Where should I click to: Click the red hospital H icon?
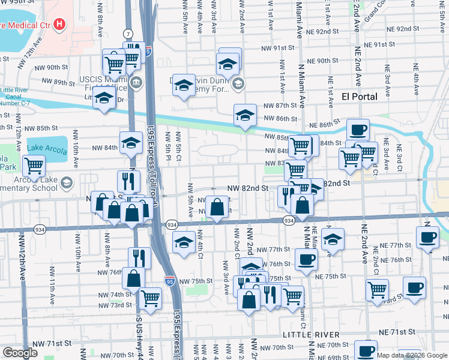[x=59, y=25]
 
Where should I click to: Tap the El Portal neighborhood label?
[x=359, y=96]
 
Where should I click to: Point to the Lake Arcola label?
[x=47, y=148]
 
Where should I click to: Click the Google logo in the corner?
[x=19, y=352]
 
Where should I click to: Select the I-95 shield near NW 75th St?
[x=170, y=280]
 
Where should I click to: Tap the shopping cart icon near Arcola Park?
[x=34, y=165]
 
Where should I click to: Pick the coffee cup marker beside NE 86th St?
[x=358, y=130]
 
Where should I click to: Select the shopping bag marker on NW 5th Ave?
[x=217, y=208]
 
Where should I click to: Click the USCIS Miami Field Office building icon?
[x=136, y=82]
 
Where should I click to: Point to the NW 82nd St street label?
[x=247, y=188]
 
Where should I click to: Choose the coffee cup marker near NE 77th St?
[x=427, y=238]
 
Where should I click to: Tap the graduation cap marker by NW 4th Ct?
[x=184, y=242]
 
